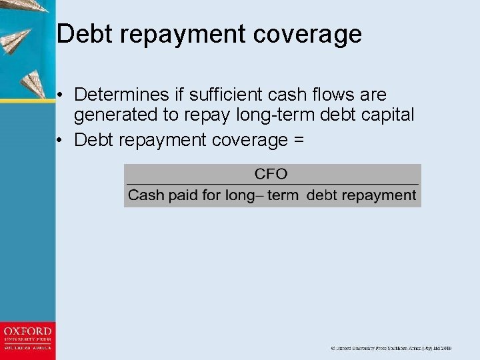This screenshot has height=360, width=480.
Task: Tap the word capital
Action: [385, 115]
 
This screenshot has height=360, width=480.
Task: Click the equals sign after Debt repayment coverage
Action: [297, 140]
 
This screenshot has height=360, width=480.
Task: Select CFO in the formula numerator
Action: [271, 174]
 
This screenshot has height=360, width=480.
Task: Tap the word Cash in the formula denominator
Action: [143, 195]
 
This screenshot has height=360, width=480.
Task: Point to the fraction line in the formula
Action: [272, 184]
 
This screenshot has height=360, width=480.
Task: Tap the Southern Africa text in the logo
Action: [27, 348]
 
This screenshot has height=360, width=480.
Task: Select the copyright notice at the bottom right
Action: [392, 348]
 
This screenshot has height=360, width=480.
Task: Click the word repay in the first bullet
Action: [206, 116]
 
